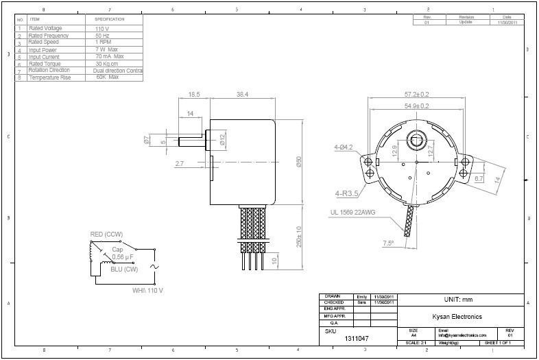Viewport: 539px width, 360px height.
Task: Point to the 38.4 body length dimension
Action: [x=242, y=93]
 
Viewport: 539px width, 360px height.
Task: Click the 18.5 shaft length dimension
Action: [x=194, y=93]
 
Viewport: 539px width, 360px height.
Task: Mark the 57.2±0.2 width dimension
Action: [x=416, y=94]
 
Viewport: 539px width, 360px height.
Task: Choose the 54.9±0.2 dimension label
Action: [x=416, y=106]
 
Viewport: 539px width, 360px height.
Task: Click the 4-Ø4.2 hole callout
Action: [x=344, y=147]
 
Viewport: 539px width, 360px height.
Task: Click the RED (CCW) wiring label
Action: [x=106, y=235]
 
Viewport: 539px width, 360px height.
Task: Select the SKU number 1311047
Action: [x=356, y=339]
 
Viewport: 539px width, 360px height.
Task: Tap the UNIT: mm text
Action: [x=459, y=300]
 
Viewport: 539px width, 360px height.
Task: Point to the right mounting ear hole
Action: [x=466, y=162]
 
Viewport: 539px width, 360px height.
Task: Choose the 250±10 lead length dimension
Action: [x=299, y=237]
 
